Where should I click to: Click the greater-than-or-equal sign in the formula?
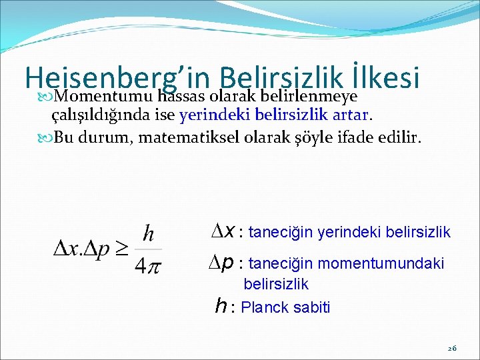tap(121, 249)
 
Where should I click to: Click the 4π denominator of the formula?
tap(148, 265)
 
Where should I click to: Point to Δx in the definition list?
tap(222, 231)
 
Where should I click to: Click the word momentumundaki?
tap(393, 264)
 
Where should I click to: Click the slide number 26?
tap(451, 349)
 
